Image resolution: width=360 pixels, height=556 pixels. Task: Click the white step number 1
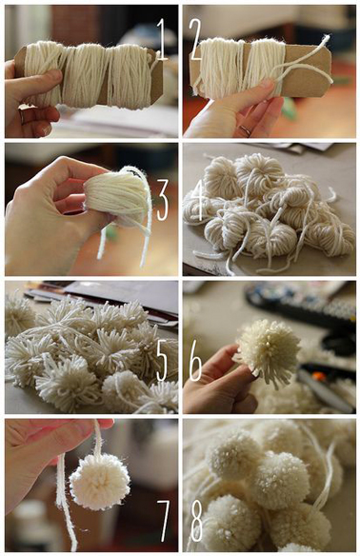[x=161, y=39]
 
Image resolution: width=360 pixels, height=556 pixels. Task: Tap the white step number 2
[x=195, y=39]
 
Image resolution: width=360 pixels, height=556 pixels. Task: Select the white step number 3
[x=162, y=200]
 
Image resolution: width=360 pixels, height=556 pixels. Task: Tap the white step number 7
[x=164, y=521]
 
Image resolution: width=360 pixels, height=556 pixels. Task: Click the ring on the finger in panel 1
[x=22, y=117]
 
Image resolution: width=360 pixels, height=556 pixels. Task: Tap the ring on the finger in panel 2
[x=246, y=130]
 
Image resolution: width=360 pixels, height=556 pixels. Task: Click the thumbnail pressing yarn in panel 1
[x=53, y=75]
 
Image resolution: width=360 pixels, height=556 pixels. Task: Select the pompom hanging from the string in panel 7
[x=99, y=481]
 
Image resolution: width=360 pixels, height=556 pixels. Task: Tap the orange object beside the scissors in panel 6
[x=319, y=376]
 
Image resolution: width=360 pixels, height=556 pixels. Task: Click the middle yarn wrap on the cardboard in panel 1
[x=84, y=75]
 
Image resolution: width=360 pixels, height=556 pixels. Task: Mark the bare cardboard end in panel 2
[x=308, y=70]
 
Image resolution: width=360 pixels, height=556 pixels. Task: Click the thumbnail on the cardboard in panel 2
[x=267, y=85]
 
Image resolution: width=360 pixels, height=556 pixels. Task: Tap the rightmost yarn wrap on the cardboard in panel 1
[x=128, y=74]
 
